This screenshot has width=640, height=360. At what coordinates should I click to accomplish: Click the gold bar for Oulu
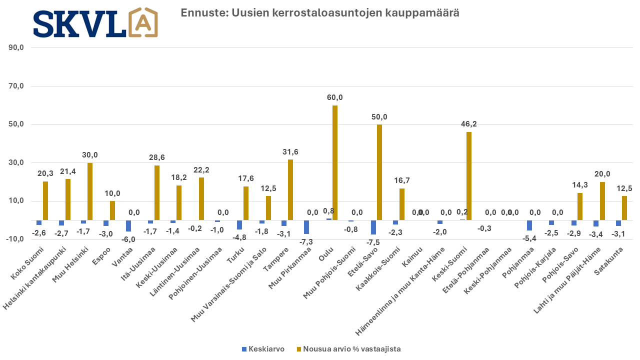tap(335, 162)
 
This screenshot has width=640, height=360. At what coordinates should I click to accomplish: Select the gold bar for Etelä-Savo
tap(379, 172)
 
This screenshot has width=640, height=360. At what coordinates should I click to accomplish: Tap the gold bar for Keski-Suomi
tap(469, 176)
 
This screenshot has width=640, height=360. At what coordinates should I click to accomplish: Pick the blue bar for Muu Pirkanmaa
tap(306, 227)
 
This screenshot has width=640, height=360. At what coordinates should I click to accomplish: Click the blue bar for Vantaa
tap(128, 225)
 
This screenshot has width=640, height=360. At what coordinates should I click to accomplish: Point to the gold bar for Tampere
tap(290, 189)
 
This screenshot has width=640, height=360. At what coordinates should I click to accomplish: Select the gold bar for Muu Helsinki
tap(90, 191)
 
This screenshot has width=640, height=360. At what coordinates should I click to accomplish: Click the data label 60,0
tap(335, 97)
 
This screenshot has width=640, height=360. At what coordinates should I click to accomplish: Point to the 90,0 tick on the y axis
tap(16, 48)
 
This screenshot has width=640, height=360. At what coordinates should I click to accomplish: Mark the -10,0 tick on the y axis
tap(15, 239)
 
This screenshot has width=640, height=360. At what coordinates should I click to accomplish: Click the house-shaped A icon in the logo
tap(143, 22)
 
